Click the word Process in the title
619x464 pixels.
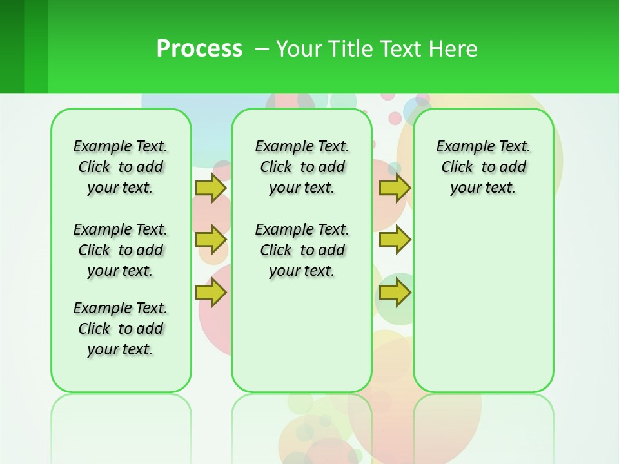tap(199, 49)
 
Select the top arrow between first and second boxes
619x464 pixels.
tap(210, 188)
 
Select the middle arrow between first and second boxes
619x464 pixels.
tap(210, 240)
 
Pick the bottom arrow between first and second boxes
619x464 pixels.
tap(210, 293)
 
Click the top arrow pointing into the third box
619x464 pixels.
tap(395, 188)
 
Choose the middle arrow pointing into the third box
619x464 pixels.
tap(395, 240)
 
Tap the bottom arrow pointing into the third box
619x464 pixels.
tap(395, 293)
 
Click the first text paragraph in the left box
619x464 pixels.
tap(121, 167)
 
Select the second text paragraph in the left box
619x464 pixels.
tap(121, 250)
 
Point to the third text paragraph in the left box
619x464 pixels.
tap(121, 329)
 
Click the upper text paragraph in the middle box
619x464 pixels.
tap(302, 167)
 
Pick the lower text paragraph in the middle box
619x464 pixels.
tap(302, 250)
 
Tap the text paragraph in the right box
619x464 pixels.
tap(483, 167)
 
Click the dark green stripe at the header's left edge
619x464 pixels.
tap(12, 46)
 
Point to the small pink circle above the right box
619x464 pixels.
tap(395, 119)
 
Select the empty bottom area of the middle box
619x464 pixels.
tap(302, 342)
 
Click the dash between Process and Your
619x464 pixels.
tap(262, 49)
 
